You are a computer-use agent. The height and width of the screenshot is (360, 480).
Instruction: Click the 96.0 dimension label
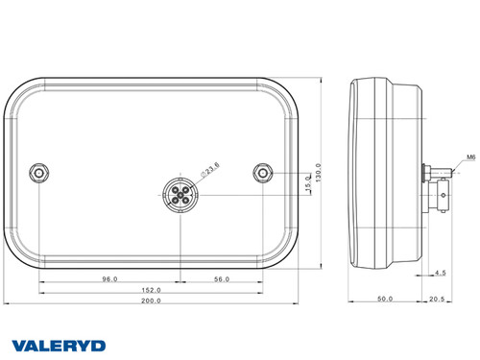point(108,279)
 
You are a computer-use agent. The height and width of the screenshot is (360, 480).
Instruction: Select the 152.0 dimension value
point(151,289)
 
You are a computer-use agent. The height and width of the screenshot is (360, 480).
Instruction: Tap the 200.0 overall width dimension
point(151,300)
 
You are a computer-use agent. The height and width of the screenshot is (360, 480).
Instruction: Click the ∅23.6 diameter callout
point(208,169)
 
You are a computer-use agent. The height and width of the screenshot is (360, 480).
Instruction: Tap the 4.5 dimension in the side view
point(439,274)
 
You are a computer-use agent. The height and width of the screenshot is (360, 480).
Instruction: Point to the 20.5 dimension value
point(438,300)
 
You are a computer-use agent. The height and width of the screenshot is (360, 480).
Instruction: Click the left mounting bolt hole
point(38,172)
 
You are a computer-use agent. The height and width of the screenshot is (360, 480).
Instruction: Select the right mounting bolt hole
point(263,172)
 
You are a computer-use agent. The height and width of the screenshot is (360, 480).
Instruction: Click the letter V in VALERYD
point(19,345)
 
